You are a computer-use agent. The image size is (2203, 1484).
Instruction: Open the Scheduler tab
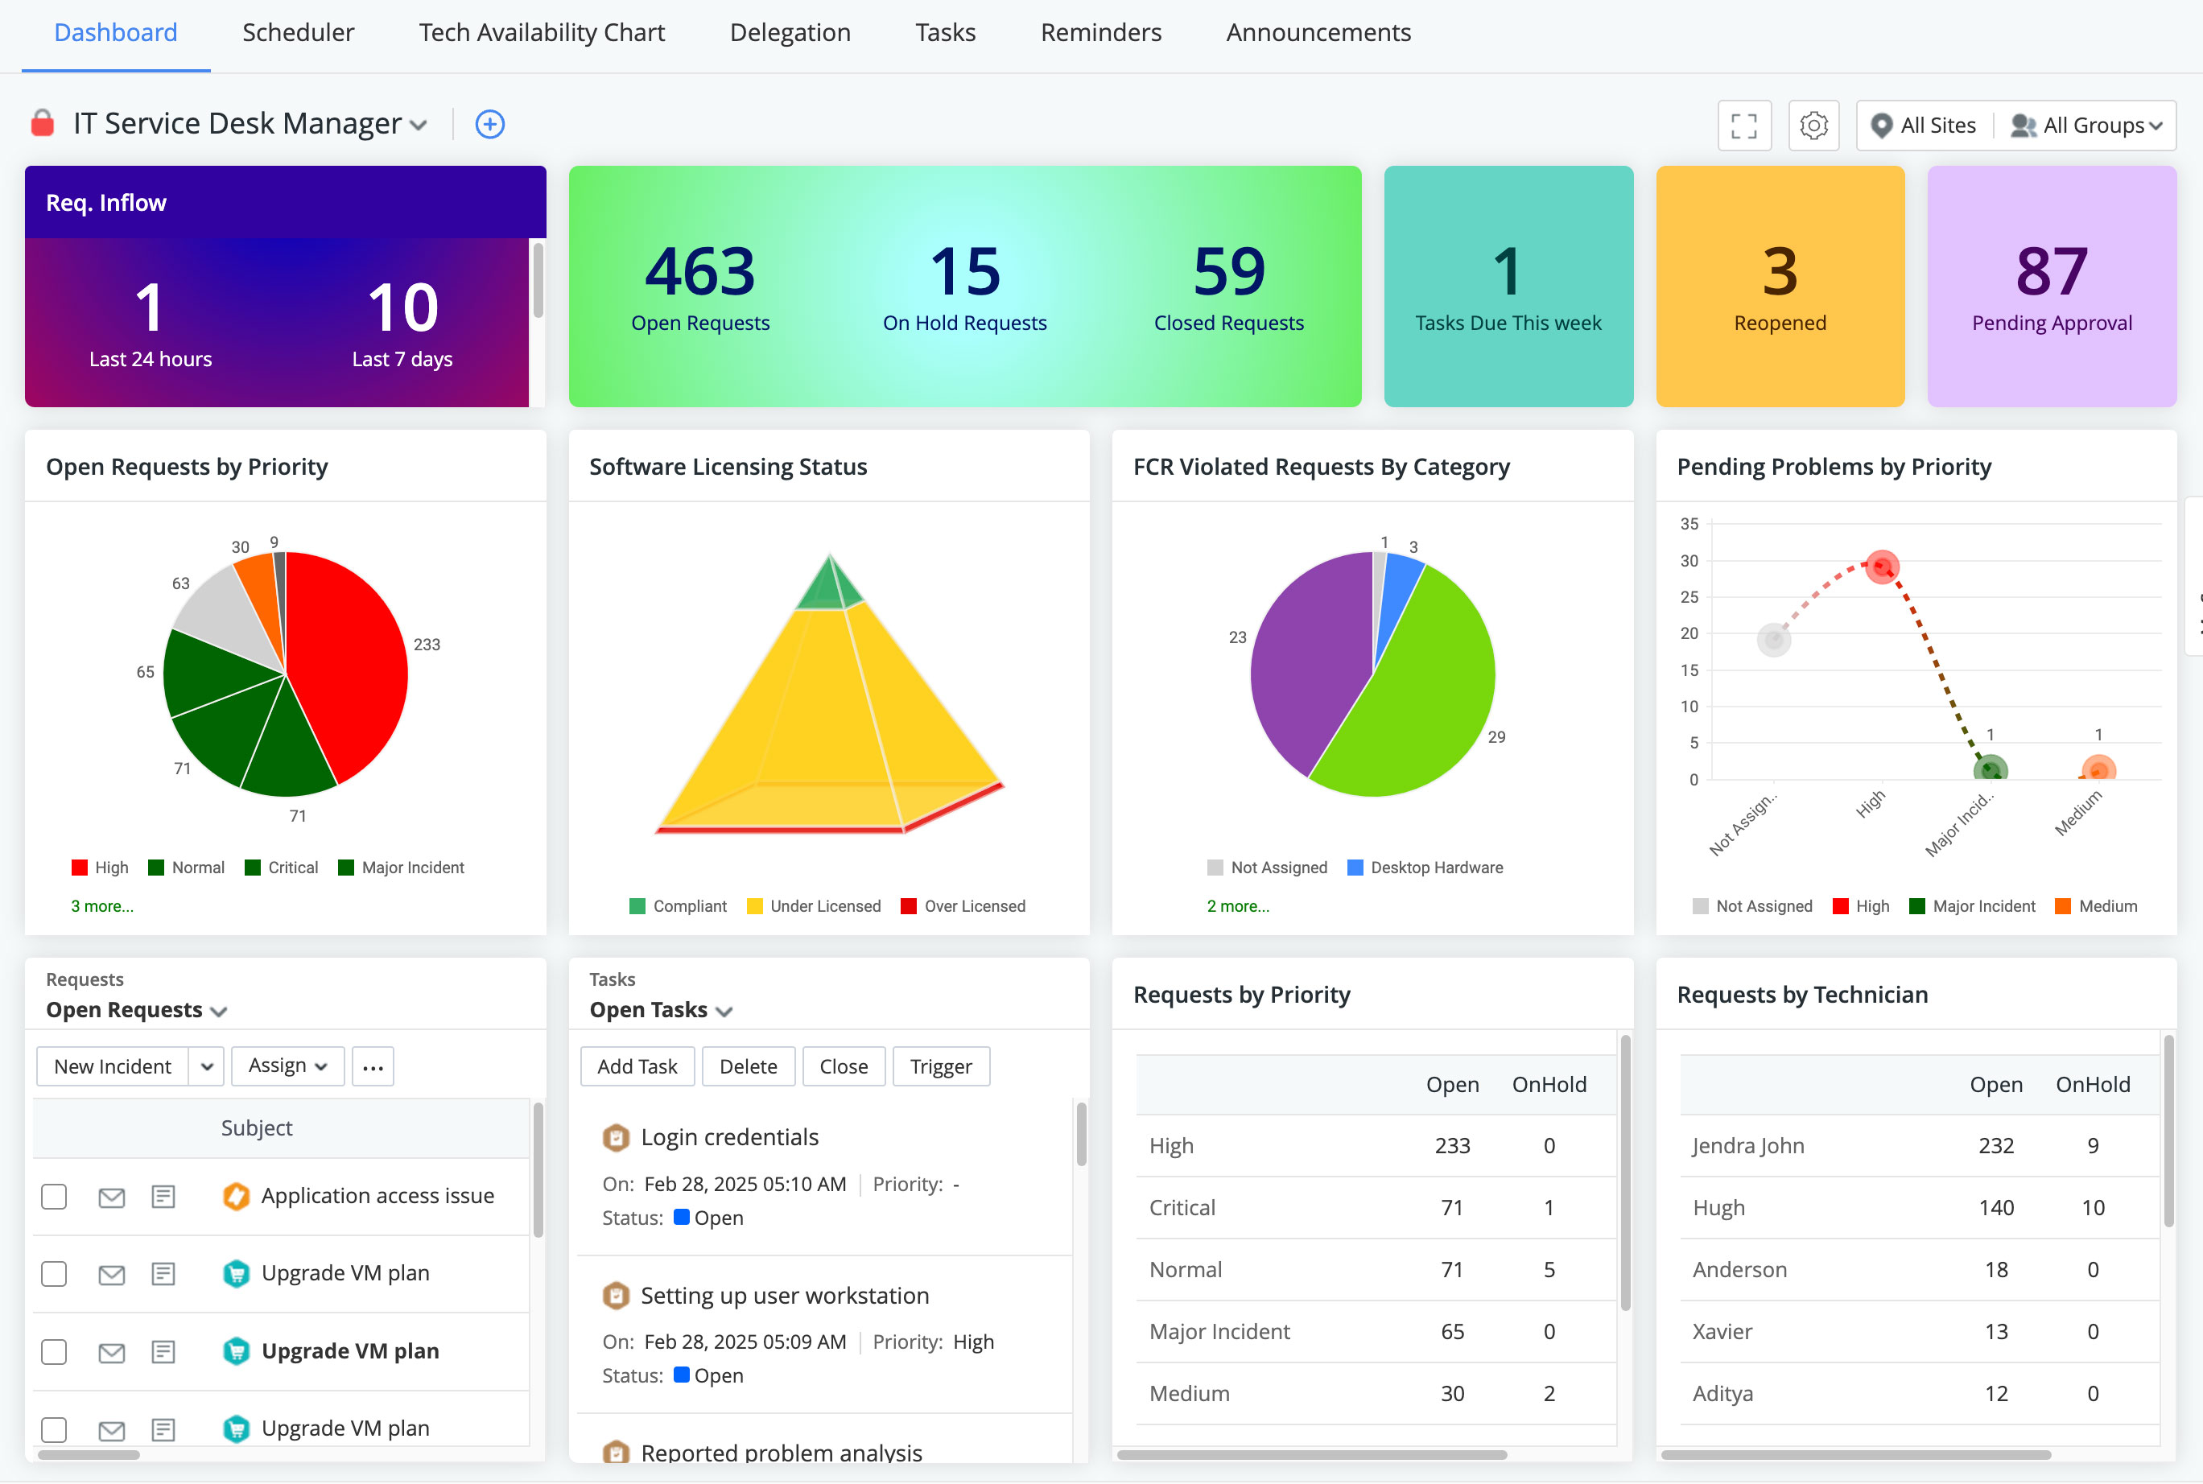pyautogui.click(x=297, y=32)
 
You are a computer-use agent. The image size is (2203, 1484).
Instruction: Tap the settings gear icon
pyautogui.click(x=1813, y=125)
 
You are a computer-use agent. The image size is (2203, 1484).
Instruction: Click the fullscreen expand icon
pyautogui.click(x=1743, y=125)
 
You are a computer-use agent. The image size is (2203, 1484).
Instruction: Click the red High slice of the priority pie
pyautogui.click(x=350, y=662)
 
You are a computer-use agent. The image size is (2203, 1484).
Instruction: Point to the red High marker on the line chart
pyautogui.click(x=1881, y=567)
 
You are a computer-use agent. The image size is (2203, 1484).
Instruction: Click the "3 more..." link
pyautogui.click(x=102, y=905)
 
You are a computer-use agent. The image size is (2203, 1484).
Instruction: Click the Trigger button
pyautogui.click(x=941, y=1066)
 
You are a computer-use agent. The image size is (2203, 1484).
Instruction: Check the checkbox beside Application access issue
pyautogui.click(x=54, y=1196)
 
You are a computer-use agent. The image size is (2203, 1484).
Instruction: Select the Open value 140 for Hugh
pyautogui.click(x=1996, y=1208)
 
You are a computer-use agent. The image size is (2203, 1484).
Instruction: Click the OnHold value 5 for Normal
pyautogui.click(x=1549, y=1269)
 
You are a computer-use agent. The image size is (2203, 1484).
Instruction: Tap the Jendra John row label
pyautogui.click(x=1747, y=1145)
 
